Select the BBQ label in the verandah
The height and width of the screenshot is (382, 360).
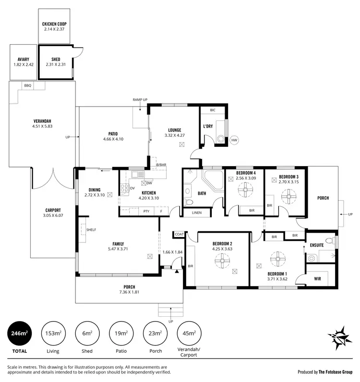click(x=27, y=85)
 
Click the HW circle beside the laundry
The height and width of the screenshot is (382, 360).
click(x=234, y=140)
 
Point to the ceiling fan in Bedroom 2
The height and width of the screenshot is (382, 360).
click(x=224, y=262)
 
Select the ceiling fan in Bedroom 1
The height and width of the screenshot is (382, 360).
click(x=277, y=259)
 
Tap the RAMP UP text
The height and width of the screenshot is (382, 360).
click(x=140, y=99)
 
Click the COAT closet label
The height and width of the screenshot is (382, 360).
click(x=179, y=234)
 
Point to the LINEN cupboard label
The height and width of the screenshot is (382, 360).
click(x=196, y=213)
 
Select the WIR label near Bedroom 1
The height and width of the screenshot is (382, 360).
click(x=317, y=278)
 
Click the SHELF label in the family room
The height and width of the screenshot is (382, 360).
click(x=91, y=230)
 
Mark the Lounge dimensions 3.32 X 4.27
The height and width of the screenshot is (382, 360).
click(x=174, y=135)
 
